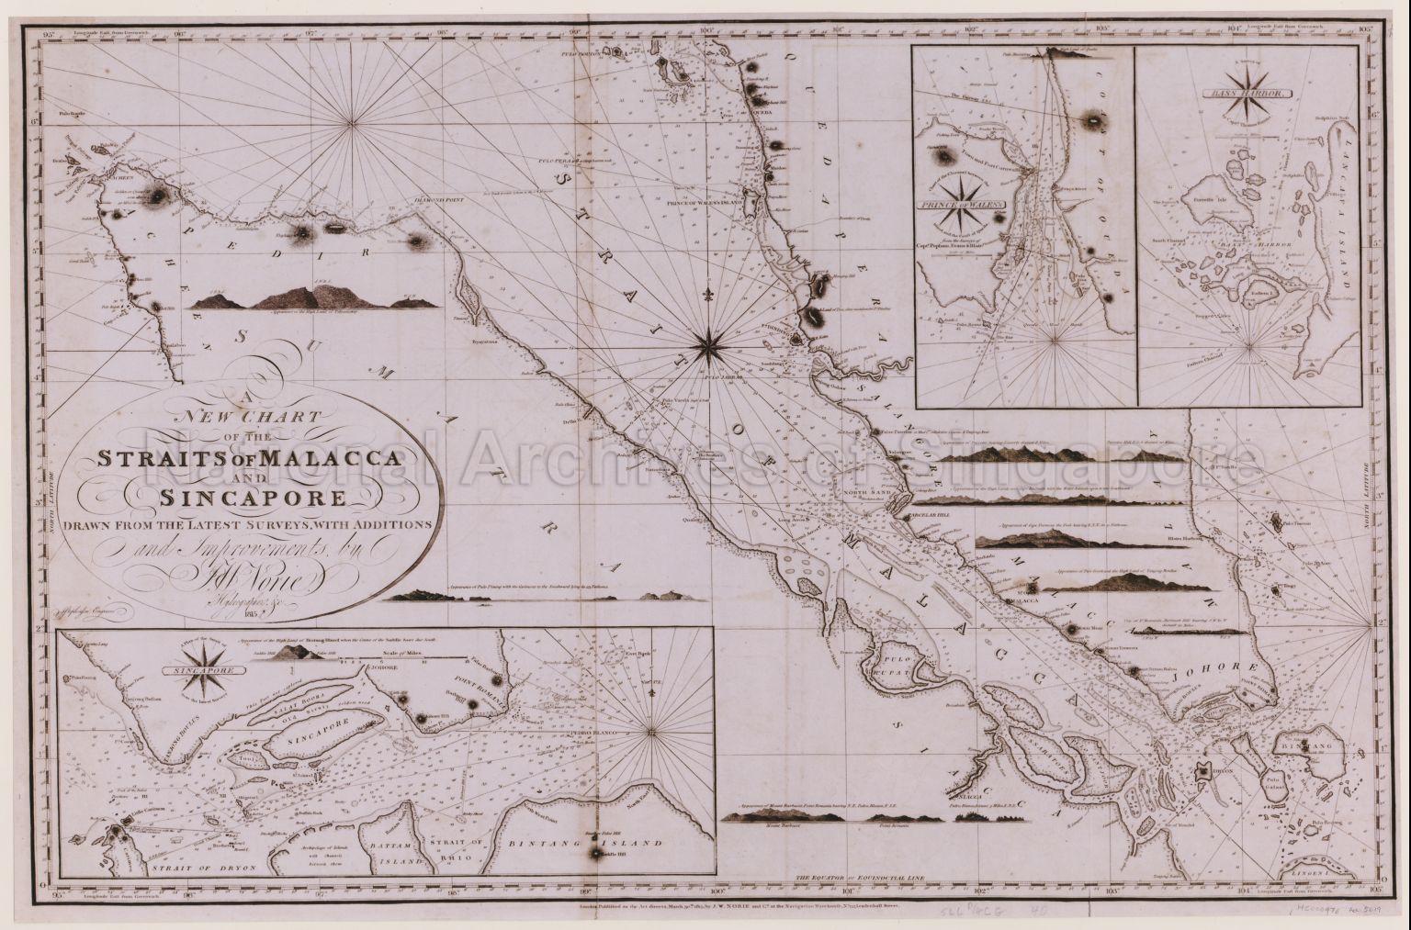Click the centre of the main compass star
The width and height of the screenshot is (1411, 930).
(x=708, y=345)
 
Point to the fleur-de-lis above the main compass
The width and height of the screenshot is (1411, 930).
(x=708, y=295)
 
